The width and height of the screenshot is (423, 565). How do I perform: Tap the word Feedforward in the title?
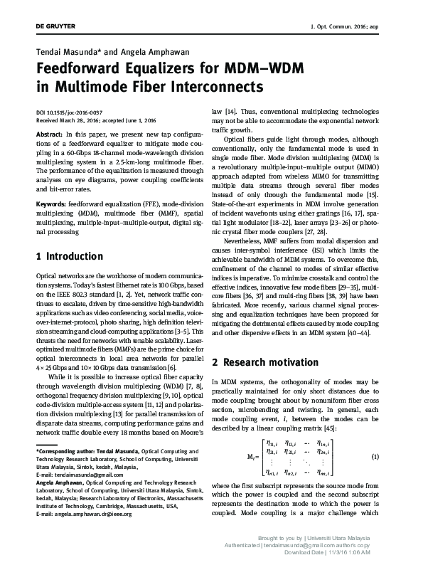click(86, 70)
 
